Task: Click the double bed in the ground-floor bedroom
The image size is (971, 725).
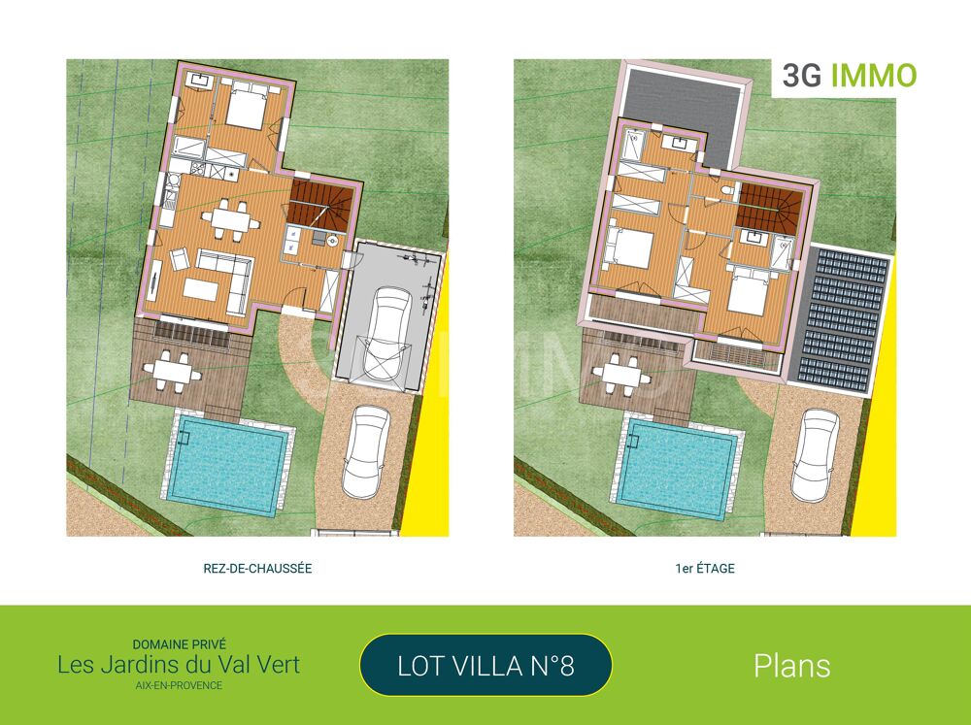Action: tap(248, 107)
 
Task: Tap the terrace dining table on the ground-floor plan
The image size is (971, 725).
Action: tap(173, 368)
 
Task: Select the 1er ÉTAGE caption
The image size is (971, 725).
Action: tap(704, 569)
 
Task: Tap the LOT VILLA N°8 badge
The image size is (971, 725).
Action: tap(485, 666)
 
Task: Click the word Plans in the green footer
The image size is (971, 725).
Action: tap(791, 666)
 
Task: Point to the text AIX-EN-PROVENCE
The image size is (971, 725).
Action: tap(179, 685)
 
